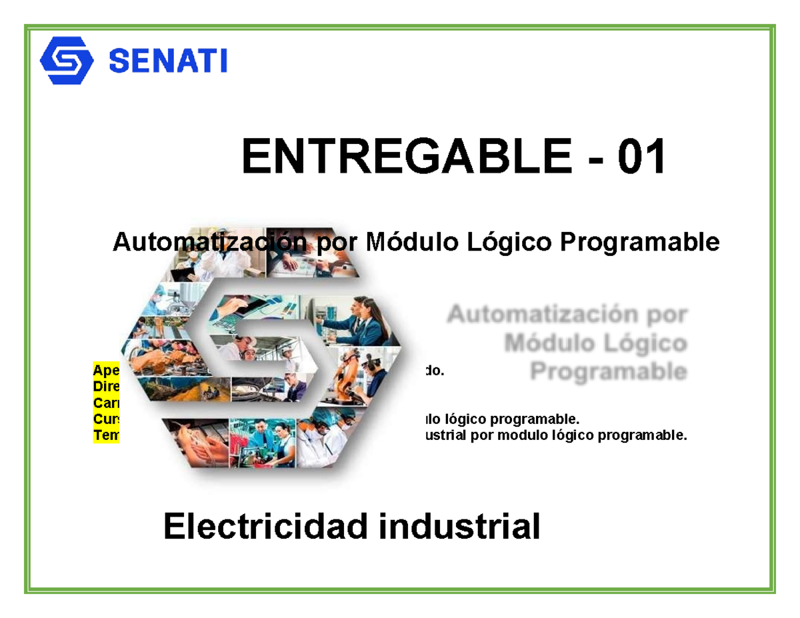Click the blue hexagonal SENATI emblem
[x=66, y=61]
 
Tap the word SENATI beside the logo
[x=167, y=61]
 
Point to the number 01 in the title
[x=641, y=159]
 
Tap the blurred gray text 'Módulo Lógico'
[x=595, y=344]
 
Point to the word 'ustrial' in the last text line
[x=443, y=436]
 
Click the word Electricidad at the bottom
[x=265, y=527]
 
